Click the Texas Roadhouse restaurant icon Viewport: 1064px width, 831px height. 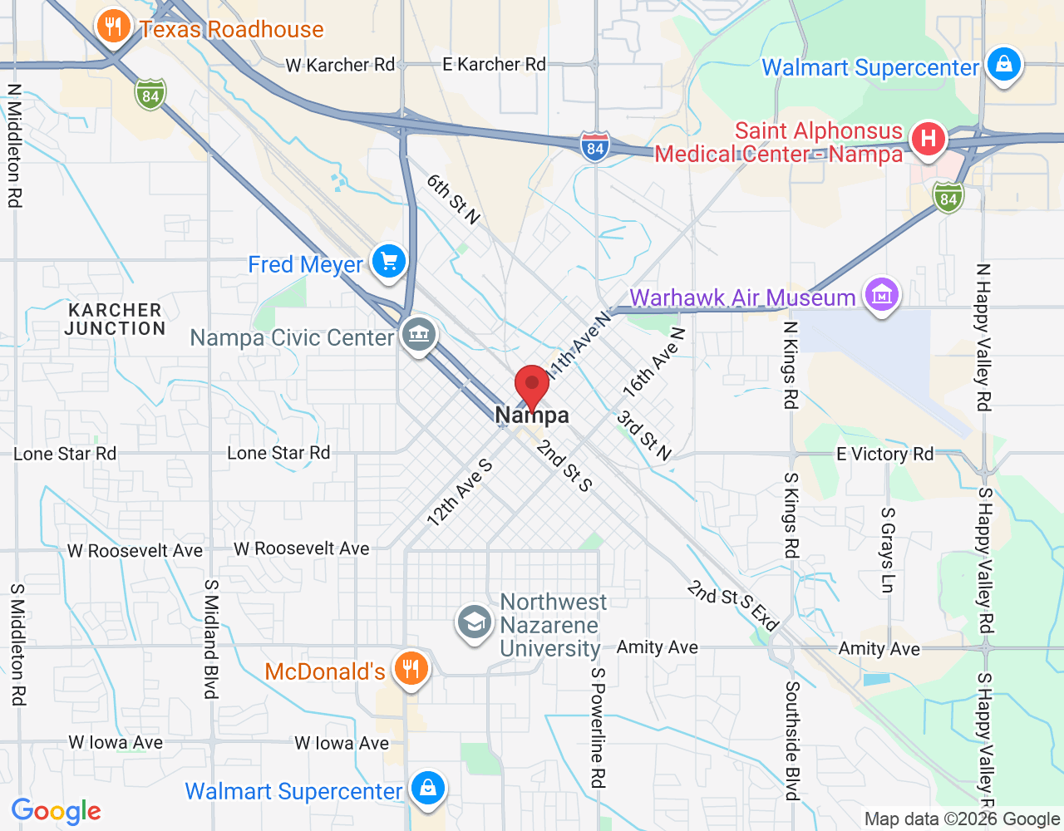coord(113,27)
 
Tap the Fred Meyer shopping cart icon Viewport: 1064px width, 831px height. coord(388,263)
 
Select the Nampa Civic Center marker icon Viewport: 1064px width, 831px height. coord(419,336)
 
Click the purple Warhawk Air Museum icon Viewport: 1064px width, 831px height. coord(881,295)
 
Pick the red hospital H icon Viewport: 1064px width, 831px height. coord(929,138)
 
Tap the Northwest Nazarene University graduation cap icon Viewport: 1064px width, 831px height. coord(475,623)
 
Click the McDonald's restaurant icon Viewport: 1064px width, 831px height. coord(411,668)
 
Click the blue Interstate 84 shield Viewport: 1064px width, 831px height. coord(594,147)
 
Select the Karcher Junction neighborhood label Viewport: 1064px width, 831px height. coord(116,319)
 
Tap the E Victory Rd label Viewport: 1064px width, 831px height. coord(884,454)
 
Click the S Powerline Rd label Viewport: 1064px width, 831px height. coord(598,727)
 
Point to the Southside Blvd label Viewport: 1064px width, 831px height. coord(792,740)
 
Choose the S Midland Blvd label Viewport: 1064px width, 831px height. coord(211,639)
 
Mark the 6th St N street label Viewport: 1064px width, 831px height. coord(453,199)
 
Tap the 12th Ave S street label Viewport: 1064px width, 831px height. coord(460,494)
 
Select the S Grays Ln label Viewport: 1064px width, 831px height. coord(888,550)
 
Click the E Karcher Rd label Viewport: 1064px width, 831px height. coord(494,64)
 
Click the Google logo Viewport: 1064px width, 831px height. coord(57,811)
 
